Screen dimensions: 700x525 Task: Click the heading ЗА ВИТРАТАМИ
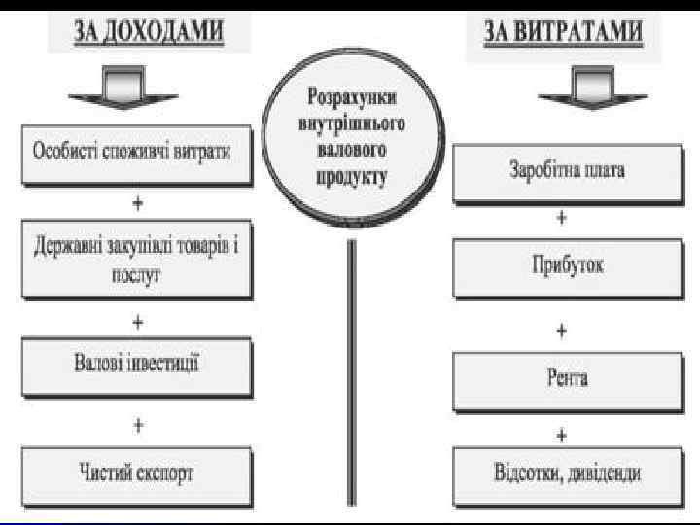[564, 33]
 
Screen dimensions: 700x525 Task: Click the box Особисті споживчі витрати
[133, 155]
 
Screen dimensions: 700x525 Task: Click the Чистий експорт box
[134, 472]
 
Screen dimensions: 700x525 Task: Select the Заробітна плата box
[566, 171]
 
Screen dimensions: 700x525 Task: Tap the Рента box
[566, 377]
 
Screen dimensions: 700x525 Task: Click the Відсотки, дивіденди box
[566, 473]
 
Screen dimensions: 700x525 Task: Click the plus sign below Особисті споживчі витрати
[138, 204]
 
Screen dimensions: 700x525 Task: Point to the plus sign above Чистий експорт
[138, 425]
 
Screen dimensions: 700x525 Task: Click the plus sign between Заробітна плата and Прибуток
[562, 220]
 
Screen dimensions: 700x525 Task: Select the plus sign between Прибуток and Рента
[562, 331]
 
